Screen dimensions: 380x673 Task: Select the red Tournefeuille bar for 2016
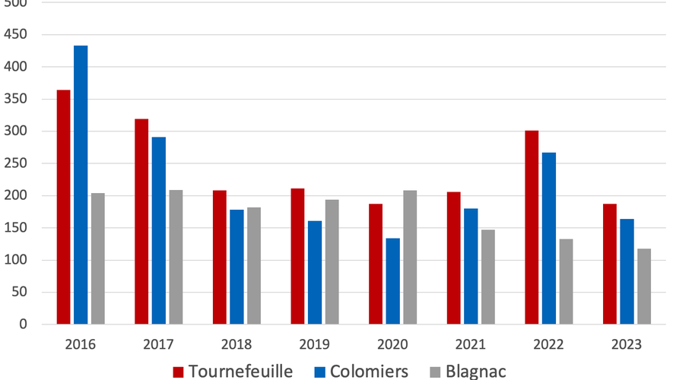[63, 207]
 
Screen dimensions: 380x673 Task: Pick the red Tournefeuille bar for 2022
[532, 227]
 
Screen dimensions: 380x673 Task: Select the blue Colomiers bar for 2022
[548, 238]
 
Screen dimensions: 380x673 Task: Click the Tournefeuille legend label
[240, 371]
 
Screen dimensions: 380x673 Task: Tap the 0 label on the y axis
[23, 325]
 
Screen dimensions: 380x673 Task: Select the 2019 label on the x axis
[315, 344]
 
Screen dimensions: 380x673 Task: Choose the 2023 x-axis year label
[627, 344]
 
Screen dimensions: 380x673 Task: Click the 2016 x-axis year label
[81, 344]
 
